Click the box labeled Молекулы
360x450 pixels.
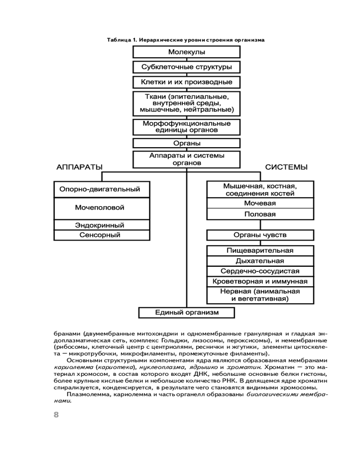[186, 52]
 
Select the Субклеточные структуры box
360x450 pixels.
[186, 67]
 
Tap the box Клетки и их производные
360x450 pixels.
[186, 82]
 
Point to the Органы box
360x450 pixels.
[186, 144]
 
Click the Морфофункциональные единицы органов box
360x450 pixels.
[186, 126]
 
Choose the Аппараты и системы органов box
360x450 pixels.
[186, 159]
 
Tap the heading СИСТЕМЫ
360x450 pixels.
[286, 167]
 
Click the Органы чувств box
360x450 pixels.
[260, 235]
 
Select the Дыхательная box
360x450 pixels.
[260, 261]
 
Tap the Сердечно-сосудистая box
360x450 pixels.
[260, 271]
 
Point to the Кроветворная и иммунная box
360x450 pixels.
[260, 282]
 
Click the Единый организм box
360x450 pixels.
[186, 312]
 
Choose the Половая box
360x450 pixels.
[260, 214]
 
